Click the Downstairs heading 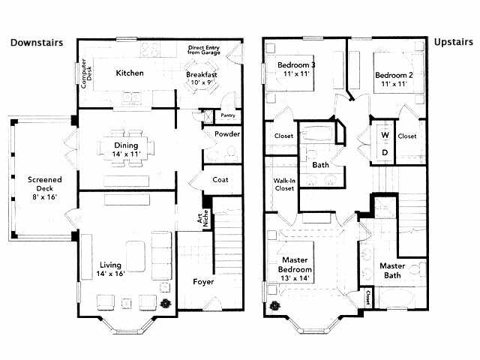[36, 43]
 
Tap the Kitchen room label [129, 73]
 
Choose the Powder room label [226, 134]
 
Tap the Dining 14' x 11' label [127, 149]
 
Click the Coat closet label [220, 179]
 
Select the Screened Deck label [44, 187]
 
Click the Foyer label [203, 283]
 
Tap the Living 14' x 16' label [110, 269]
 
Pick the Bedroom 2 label [394, 79]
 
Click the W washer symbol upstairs [385, 135]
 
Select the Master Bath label [392, 271]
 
